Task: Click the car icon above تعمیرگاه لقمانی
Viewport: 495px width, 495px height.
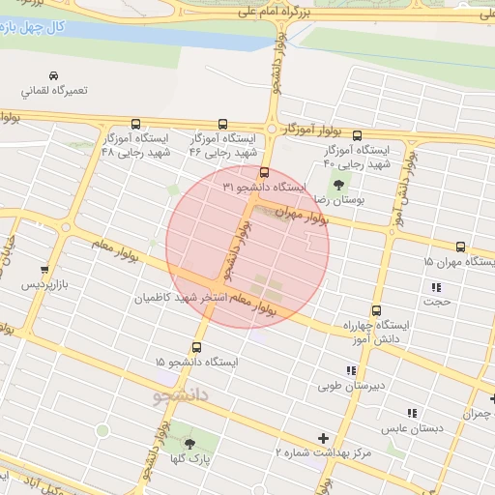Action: [53, 75]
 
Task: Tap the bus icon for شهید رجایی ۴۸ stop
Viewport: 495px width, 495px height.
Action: [134, 124]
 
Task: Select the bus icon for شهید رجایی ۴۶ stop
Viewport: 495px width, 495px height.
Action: [222, 124]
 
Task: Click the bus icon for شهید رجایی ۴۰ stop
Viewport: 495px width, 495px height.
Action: [358, 135]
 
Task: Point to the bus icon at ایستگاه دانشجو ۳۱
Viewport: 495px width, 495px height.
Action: [265, 173]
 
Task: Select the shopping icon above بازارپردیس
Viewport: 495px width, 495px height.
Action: [44, 270]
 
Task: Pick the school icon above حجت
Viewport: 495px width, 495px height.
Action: [436, 287]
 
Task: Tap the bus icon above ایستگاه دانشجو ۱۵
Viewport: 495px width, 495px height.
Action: [198, 347]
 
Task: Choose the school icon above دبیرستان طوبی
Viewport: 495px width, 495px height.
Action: [352, 369]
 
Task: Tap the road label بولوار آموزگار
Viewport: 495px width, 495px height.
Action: [313, 127]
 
